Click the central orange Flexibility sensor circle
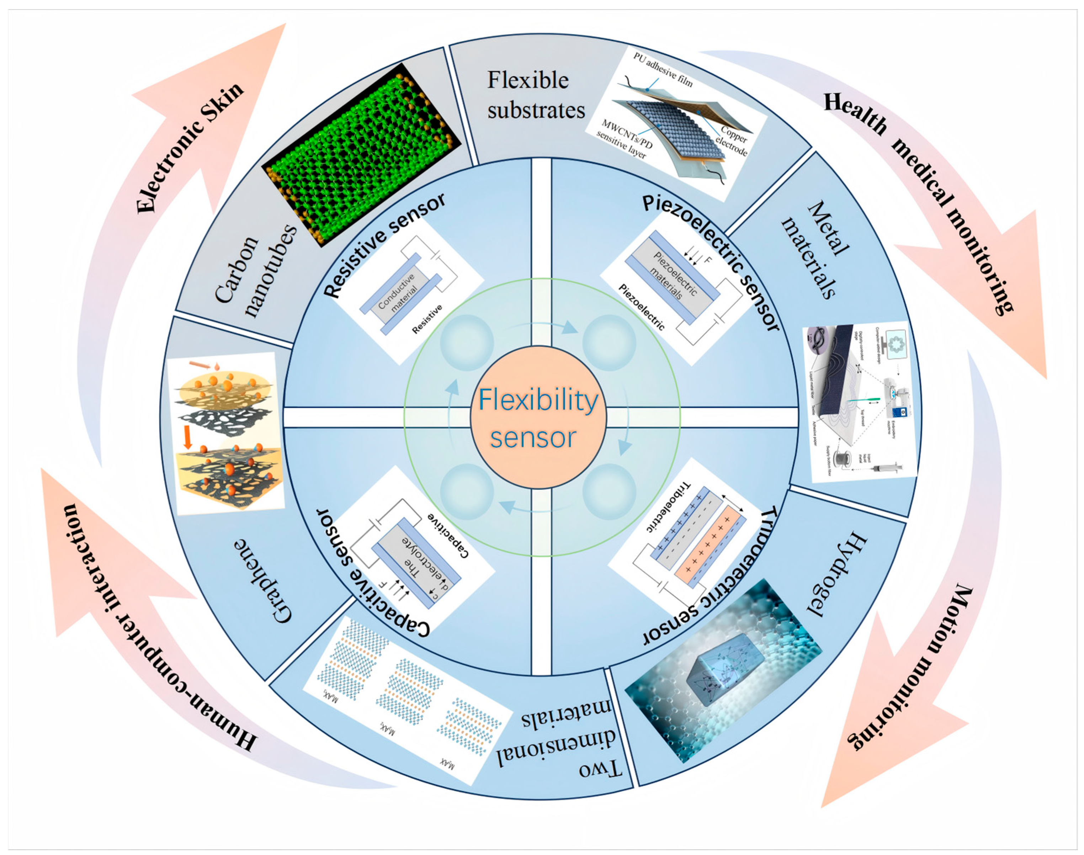pos(538,417)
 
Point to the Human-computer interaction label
pos(155,631)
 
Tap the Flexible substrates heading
pos(536,95)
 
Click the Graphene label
pos(263,581)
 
